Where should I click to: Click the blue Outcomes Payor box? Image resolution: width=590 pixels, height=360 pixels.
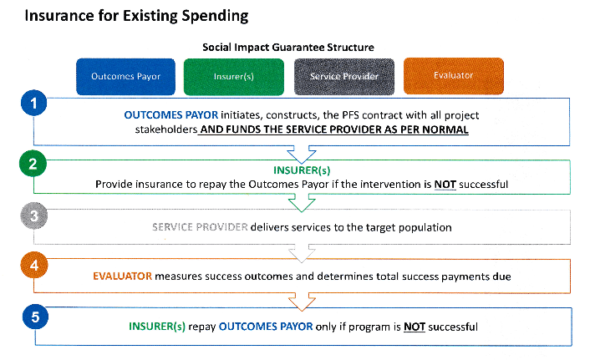(125, 77)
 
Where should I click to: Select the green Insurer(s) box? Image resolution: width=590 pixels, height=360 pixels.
(234, 77)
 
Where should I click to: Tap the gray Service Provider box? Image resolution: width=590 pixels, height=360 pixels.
(344, 77)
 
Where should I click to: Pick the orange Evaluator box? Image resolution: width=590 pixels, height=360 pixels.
(454, 76)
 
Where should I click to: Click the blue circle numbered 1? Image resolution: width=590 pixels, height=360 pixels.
(34, 103)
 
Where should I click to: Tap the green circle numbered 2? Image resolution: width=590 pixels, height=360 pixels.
(33, 163)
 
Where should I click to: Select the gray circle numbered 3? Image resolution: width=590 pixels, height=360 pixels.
(34, 215)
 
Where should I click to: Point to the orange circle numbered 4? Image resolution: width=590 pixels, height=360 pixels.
(34, 265)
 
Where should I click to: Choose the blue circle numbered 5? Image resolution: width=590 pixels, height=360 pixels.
(35, 317)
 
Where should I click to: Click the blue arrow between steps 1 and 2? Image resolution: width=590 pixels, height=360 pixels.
(302, 155)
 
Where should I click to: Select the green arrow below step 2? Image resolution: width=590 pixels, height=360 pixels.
(302, 203)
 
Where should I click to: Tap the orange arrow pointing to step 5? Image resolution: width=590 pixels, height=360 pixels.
(302, 302)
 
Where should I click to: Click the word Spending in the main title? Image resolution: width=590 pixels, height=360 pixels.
(215, 16)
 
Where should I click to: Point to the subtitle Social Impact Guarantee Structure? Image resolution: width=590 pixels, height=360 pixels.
(288, 48)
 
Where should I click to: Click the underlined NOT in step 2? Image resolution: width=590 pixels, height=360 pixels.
(445, 185)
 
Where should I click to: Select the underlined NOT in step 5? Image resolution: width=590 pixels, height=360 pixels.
(415, 327)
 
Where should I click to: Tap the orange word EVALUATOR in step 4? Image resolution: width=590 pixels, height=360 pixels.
(122, 276)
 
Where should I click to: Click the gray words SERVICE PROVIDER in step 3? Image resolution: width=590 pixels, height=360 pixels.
(200, 227)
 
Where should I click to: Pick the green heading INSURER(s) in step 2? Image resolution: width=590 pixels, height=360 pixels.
(302, 170)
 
